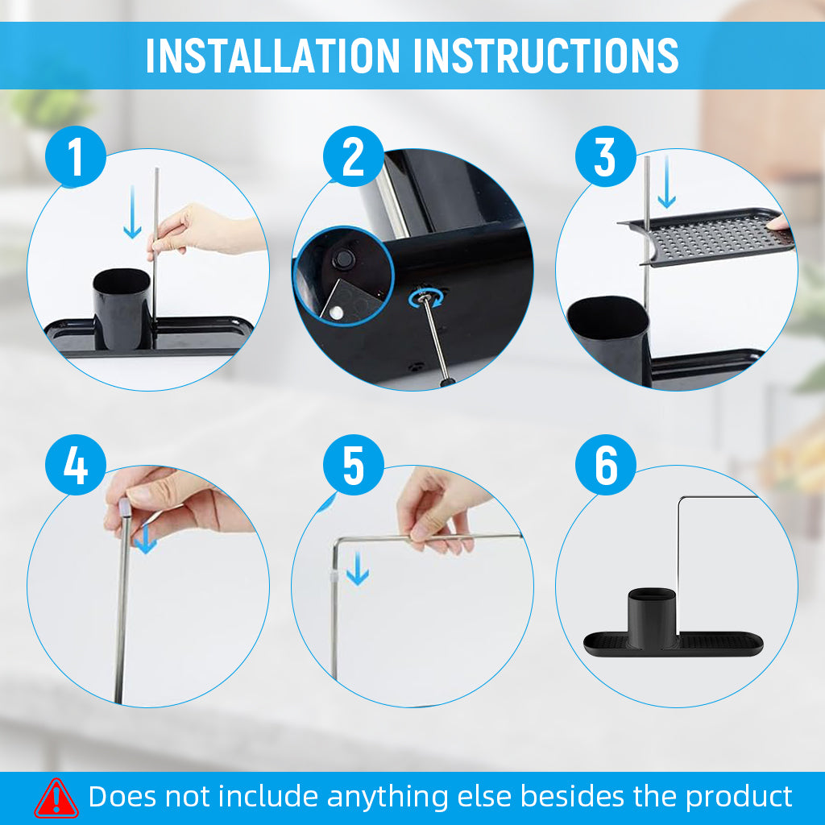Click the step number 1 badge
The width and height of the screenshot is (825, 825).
pos(76,156)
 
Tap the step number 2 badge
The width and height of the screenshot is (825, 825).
pos(354,156)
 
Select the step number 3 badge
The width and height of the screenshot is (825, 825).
pos(606,156)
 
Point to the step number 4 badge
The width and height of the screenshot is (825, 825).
pos(76,465)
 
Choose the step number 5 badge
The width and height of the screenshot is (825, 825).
pos(354,465)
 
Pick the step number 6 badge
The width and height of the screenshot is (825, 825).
pos(606,465)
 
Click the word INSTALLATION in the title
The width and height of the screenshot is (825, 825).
pos(273,56)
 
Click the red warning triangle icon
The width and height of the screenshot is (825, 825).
pos(56,798)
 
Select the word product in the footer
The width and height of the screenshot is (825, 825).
pos(739,797)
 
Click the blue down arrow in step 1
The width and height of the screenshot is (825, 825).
pos(132,212)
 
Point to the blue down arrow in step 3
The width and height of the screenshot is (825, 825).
pos(666,181)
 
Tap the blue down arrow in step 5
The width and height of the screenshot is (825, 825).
pos(358,569)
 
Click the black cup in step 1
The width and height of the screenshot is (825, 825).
pos(122,309)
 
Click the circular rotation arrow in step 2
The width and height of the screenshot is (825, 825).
pos(425,299)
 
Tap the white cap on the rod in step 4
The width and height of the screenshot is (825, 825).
pos(124,508)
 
